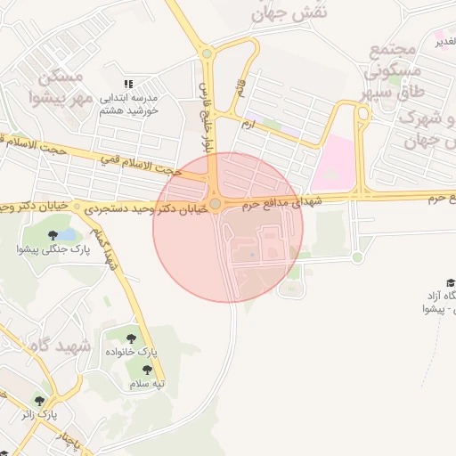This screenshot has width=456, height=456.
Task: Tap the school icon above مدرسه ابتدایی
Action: click(129, 85)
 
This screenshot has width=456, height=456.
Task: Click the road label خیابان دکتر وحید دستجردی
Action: click(142, 206)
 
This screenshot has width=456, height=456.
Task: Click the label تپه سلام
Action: click(148, 384)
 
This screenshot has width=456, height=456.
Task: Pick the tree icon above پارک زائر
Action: click(38, 400)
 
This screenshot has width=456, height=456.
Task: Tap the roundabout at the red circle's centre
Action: click(215, 204)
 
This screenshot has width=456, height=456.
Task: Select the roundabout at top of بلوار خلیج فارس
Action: click(207, 53)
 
